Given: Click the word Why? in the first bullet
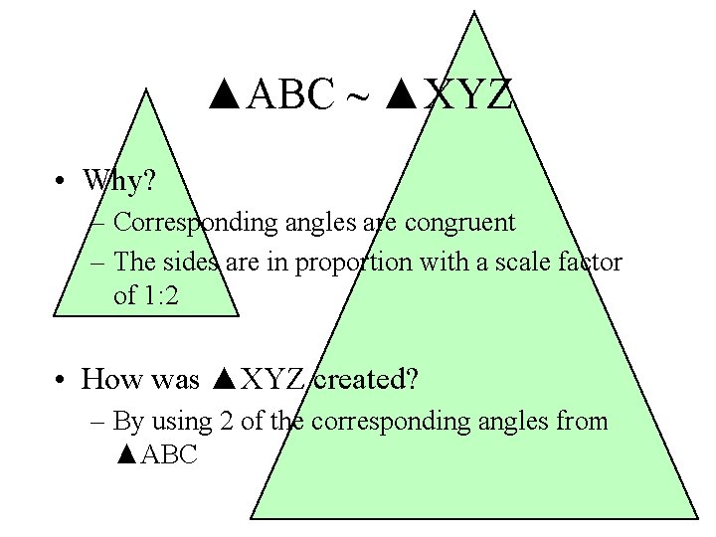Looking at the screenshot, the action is coord(119,180).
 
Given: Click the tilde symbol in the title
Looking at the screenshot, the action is coord(355,96).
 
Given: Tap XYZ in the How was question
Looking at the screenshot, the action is coord(273,379).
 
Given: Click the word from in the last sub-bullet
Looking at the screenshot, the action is coord(581,422).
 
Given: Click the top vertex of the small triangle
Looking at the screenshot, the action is coord(146,89).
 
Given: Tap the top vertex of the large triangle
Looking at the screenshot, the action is coord(473,13).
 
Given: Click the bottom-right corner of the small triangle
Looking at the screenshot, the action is coord(239,315).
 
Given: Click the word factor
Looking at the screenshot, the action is coord(593,264).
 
